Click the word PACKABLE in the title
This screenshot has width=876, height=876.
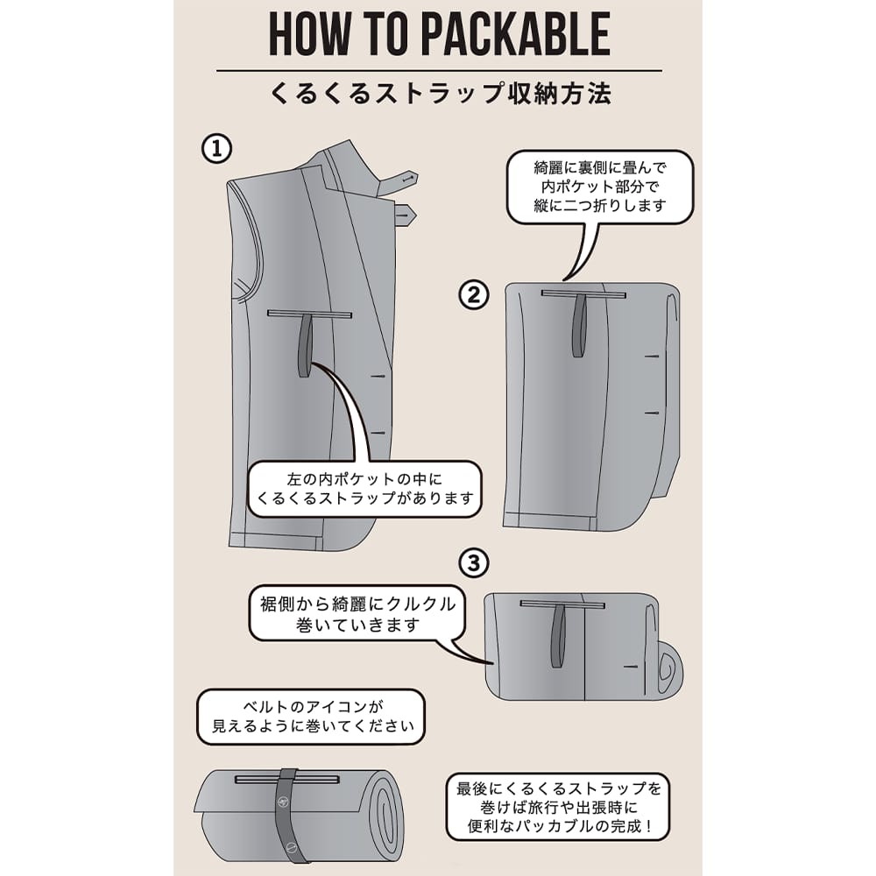(x=515, y=35)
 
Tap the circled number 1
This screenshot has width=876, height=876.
(x=216, y=149)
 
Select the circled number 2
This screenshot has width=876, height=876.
(x=474, y=294)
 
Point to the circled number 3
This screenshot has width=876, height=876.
(x=474, y=562)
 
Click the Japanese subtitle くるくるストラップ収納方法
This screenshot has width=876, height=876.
(x=441, y=94)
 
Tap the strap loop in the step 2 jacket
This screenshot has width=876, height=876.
(x=580, y=325)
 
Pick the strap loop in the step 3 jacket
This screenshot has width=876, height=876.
(x=558, y=636)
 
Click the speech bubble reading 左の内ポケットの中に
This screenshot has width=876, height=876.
(x=364, y=489)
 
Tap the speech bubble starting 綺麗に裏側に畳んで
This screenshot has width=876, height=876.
(x=600, y=187)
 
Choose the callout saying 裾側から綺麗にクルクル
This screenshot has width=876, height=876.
(x=357, y=613)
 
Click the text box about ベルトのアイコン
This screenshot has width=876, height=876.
(x=311, y=717)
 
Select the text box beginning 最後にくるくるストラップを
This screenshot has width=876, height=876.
(x=558, y=807)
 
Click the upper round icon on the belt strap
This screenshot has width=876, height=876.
(x=283, y=802)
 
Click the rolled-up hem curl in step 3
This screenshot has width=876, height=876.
(x=668, y=669)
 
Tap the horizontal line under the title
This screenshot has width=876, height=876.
(x=439, y=71)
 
